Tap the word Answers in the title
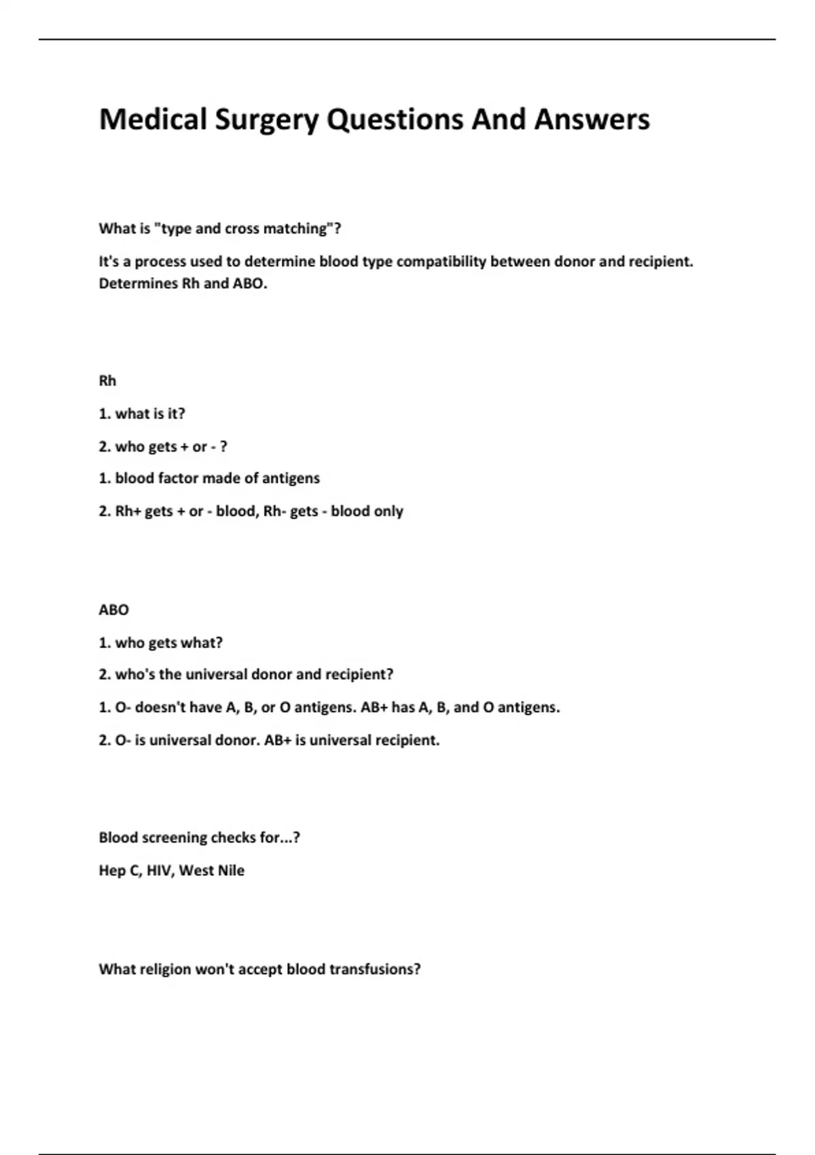tap(592, 119)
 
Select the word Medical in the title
tap(153, 119)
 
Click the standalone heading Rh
tap(107, 380)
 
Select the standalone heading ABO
tap(113, 609)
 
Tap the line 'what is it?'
tap(150, 413)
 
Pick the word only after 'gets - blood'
tap(388, 511)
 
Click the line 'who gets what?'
tap(169, 642)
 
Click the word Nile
tap(230, 870)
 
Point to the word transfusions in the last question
tap(375, 969)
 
